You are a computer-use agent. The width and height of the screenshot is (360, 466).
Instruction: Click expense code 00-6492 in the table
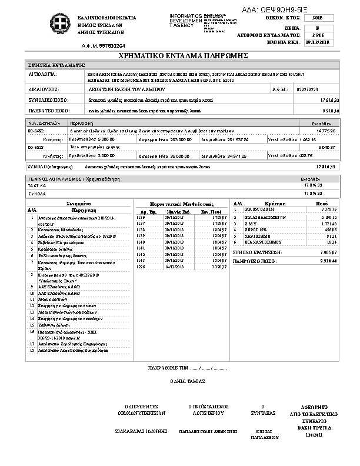pyautogui.click(x=36, y=131)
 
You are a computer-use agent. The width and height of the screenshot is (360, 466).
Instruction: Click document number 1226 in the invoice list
pyautogui.click(x=141, y=267)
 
